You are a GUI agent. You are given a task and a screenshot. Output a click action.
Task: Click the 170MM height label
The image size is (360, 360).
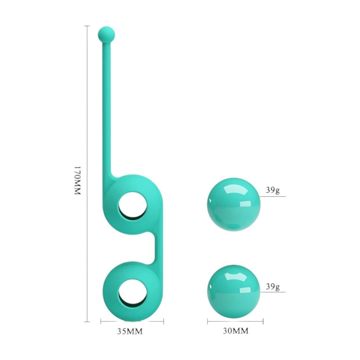click(78, 181)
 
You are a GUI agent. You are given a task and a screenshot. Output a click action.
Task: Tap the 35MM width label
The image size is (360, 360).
click(130, 331)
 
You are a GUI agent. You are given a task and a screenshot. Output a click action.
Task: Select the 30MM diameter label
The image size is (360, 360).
click(236, 331)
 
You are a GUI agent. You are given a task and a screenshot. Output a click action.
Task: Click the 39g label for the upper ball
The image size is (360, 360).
click(273, 190)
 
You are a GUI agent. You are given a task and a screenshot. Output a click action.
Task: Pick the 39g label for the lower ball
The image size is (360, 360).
click(273, 287)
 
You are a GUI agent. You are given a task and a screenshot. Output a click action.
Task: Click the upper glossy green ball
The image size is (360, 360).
click(234, 205)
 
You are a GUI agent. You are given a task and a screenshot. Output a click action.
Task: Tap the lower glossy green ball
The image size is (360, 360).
click(234, 292)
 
